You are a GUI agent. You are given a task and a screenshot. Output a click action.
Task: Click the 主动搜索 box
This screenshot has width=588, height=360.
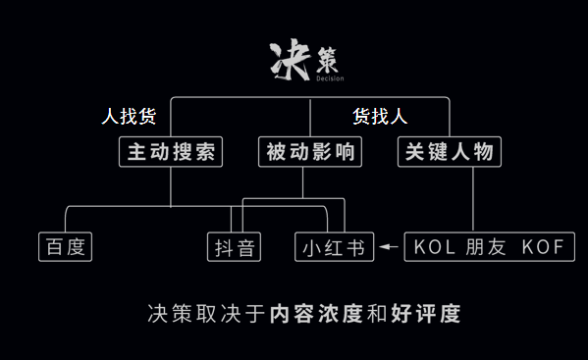coord(170,152)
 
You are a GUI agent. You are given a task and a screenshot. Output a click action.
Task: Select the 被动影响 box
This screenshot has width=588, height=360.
coord(310,152)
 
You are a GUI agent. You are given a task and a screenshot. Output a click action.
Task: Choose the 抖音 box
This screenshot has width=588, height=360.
coord(235,247)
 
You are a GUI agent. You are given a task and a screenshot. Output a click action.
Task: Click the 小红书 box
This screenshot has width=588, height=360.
coord(335,247)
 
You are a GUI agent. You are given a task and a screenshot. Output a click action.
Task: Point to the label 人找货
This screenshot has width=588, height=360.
coord(129,117)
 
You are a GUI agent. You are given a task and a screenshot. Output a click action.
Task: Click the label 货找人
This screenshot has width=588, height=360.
coord(380,117)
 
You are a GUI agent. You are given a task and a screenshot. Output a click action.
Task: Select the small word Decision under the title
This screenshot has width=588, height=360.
coord(331,77)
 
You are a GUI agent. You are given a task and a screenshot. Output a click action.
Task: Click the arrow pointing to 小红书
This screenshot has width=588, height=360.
coord(388,247)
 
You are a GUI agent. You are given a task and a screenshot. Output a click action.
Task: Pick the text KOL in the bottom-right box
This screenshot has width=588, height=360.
coord(436,247)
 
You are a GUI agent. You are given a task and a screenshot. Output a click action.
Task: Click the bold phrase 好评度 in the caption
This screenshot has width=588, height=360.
coord(424,315)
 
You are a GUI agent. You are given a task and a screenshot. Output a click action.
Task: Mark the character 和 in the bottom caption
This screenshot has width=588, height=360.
coord(376,315)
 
